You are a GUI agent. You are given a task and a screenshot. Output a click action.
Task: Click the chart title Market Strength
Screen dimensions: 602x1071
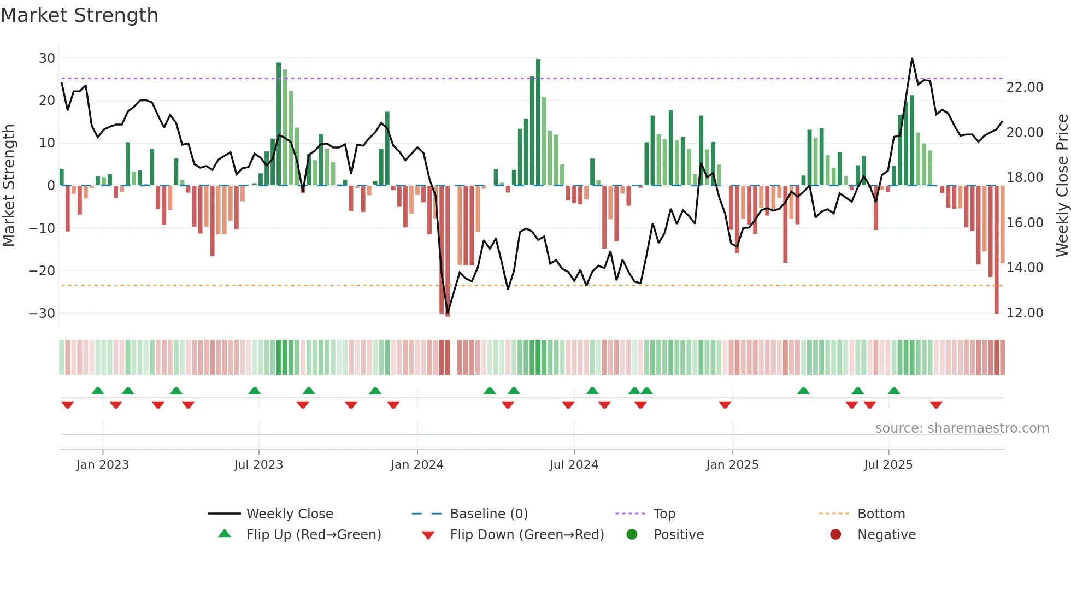coord(79,15)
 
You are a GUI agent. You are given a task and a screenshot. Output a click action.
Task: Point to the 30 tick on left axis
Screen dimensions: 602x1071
coord(47,58)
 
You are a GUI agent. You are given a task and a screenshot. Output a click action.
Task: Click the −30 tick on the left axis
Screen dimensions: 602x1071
coord(42,314)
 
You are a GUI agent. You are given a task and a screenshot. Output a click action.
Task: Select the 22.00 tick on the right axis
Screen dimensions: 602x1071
coord(1025,87)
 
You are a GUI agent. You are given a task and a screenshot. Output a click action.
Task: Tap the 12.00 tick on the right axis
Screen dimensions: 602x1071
coord(1025,313)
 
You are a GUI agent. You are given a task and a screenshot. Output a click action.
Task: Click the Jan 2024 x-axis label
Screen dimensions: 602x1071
coord(417,465)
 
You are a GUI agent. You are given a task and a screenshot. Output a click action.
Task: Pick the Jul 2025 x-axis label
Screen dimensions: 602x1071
coord(888,465)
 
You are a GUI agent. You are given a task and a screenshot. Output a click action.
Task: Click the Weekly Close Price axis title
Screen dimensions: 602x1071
coord(1062,185)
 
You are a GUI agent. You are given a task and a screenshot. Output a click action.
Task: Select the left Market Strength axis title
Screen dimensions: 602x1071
coord(9,185)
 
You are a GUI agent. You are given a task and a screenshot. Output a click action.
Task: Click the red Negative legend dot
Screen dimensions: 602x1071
coord(835,535)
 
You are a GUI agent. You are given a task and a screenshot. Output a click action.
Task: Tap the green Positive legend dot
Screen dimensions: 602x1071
coord(632,535)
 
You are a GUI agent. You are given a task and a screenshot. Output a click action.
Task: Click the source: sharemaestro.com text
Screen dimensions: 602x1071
coord(962,428)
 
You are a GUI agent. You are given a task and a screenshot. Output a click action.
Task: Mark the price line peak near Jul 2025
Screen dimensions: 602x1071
coord(912,58)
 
